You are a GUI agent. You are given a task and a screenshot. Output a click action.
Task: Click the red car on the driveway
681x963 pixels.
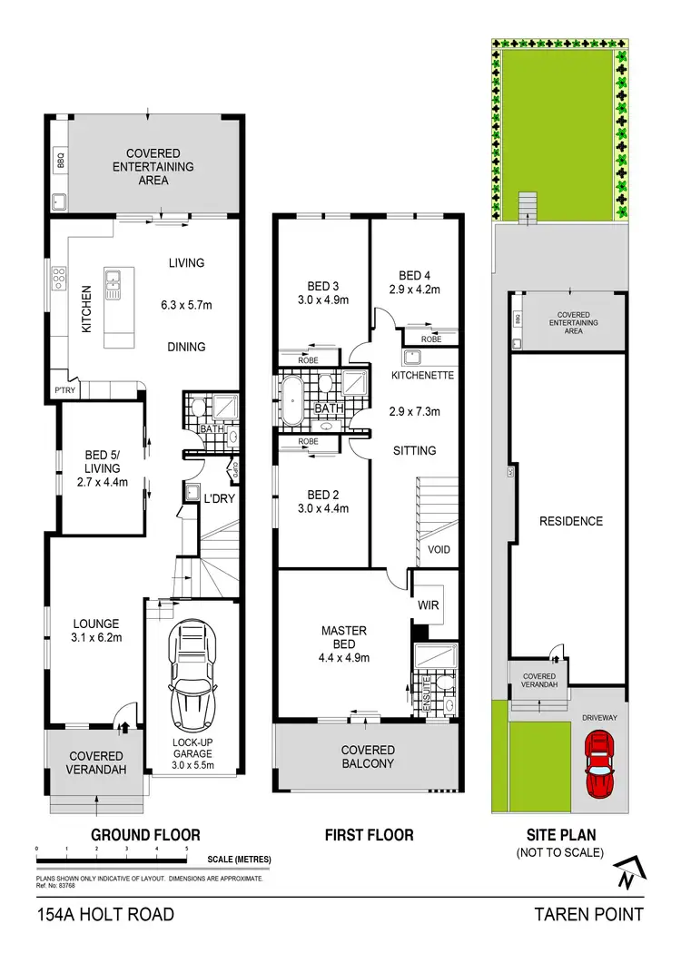(598, 764)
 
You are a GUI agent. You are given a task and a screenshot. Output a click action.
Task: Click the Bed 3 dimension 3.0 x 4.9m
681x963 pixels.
(322, 299)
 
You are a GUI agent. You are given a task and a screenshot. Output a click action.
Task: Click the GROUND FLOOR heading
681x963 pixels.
(145, 834)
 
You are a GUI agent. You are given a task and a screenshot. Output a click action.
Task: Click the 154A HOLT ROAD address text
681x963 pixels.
(105, 914)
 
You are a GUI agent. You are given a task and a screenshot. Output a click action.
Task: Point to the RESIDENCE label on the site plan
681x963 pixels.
(570, 521)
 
